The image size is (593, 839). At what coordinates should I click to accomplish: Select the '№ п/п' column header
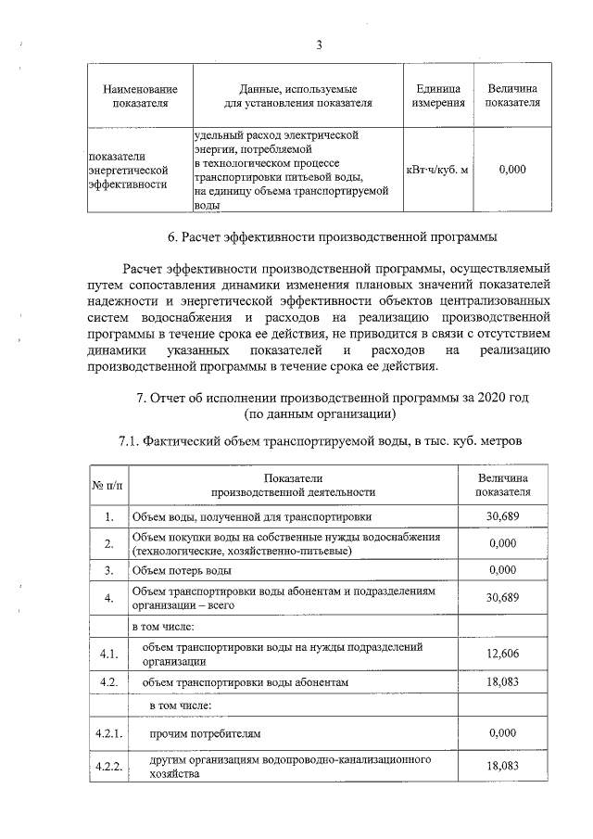click(107, 484)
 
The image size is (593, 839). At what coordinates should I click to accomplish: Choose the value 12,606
click(501, 655)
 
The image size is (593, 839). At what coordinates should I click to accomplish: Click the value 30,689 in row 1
click(501, 516)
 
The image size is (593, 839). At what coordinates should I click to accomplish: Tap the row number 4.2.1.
click(108, 733)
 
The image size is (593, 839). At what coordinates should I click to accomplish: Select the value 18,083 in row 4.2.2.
click(501, 766)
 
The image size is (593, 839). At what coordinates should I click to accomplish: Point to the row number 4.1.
click(108, 655)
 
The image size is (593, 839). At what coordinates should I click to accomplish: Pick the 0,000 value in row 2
click(501, 543)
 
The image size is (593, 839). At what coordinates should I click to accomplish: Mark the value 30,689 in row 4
click(501, 597)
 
